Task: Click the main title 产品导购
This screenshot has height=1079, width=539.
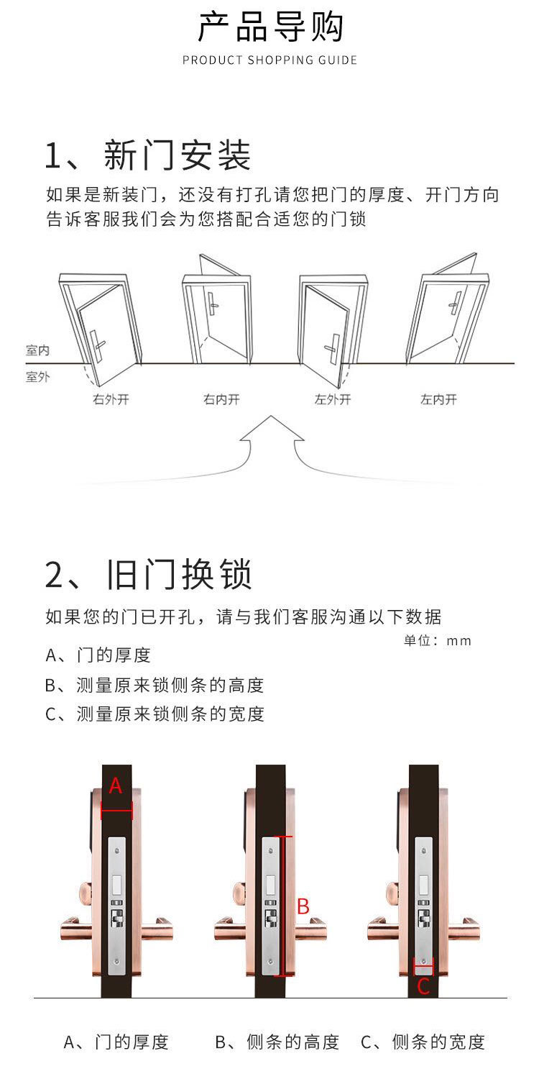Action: click(270, 28)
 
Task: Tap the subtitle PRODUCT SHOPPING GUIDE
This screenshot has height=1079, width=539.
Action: click(269, 60)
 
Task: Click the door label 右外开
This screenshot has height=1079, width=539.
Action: click(111, 399)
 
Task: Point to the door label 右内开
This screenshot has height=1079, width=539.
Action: click(221, 399)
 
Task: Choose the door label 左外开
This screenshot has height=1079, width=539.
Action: click(333, 399)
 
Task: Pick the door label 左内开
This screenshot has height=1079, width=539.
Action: click(438, 399)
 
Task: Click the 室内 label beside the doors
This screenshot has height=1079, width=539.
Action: click(37, 350)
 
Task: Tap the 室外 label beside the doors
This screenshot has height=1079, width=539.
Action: click(37, 377)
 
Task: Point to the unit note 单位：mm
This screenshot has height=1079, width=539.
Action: click(437, 640)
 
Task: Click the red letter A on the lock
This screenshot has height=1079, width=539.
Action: click(116, 787)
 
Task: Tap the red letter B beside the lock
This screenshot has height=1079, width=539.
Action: click(303, 906)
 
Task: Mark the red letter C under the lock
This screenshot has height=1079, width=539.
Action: click(423, 986)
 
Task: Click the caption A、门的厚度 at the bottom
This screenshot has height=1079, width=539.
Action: click(116, 1042)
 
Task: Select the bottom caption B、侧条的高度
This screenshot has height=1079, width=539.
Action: click(277, 1042)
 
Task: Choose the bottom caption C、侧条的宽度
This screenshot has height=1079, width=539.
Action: click(423, 1042)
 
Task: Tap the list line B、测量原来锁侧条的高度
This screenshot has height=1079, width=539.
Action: click(155, 685)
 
